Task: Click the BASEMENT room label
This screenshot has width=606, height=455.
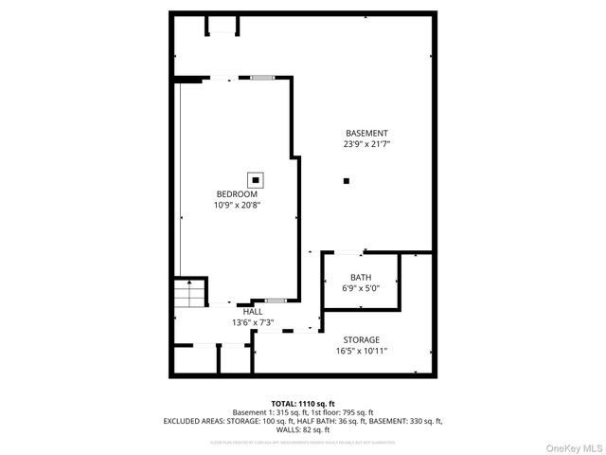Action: (366, 134)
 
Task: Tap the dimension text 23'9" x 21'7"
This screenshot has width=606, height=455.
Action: (366, 145)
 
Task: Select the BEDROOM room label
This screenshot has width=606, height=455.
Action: (237, 194)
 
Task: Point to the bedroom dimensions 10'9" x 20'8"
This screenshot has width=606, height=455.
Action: (237, 205)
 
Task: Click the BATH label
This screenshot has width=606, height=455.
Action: (360, 278)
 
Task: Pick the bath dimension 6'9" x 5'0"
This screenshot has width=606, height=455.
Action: (360, 289)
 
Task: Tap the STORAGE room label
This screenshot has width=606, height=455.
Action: (361, 339)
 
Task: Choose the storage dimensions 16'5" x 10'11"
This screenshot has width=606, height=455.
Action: (361, 351)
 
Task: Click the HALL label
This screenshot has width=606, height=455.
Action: (253, 312)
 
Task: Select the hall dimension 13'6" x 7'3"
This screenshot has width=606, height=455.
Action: (253, 322)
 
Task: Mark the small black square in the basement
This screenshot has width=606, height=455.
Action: (347, 180)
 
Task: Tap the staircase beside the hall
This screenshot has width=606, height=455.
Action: (189, 293)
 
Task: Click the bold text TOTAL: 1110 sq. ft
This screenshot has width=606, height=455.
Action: (302, 403)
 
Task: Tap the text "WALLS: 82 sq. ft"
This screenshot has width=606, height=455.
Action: (302, 429)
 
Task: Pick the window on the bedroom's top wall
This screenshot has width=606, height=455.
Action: (262, 77)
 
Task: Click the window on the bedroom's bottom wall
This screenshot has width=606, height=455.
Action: (276, 301)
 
